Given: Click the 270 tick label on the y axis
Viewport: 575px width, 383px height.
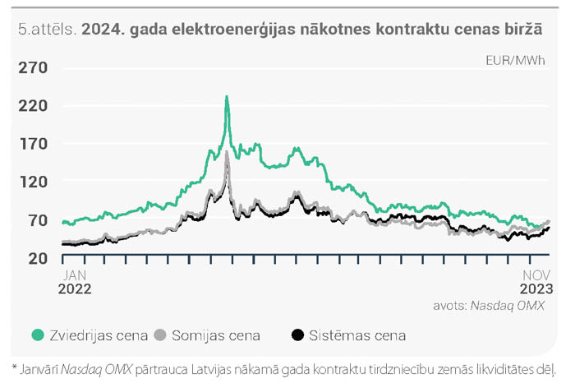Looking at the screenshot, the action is coord(33,67).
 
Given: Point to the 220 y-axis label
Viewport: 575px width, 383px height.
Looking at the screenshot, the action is coord(33,106).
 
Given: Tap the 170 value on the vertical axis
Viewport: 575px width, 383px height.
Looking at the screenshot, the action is coord(34,144).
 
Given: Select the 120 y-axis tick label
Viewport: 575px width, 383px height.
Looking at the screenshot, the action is coord(34,182).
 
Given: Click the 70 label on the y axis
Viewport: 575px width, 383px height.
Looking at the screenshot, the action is coord(38,220).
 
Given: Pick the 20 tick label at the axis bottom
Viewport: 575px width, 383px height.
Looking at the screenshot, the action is coord(38,258).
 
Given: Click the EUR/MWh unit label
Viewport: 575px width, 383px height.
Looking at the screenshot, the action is coord(515,61).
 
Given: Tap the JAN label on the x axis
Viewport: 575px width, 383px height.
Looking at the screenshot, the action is coord(75,275).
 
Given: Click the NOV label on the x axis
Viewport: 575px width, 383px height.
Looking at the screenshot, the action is coord(536,275).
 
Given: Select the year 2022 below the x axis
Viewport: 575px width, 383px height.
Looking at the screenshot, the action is coord(75,289).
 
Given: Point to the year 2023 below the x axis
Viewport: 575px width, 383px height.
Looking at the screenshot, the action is coord(536,289).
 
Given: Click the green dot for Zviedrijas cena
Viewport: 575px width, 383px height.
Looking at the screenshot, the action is coord(38,335).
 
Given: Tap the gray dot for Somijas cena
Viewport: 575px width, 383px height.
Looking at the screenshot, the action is coord(160,335).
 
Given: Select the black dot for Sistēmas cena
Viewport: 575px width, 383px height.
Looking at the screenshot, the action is coord(297,335).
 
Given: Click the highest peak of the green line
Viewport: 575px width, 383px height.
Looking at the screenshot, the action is coord(227,97).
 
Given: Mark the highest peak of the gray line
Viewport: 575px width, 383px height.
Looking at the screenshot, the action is coord(227,152).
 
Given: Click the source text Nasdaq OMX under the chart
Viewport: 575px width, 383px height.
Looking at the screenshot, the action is coord(507,306).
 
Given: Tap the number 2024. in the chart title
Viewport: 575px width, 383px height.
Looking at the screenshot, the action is coord(103,30).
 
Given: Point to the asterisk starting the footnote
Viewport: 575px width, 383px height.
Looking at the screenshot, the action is coord(15,367).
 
